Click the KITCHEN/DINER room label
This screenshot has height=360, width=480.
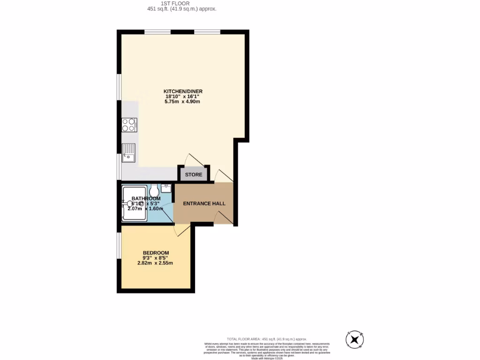pyautogui.click(x=183, y=91)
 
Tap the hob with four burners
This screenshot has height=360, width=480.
pyautogui.click(x=129, y=124)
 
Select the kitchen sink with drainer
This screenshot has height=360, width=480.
pyautogui.click(x=128, y=152)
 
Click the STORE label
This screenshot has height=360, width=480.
pyautogui.click(x=194, y=175)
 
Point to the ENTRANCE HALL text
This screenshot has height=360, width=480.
pyautogui.click(x=204, y=203)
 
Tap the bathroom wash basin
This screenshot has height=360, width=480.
pyautogui.click(x=166, y=187)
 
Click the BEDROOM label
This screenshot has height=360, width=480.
pyautogui.click(x=156, y=253)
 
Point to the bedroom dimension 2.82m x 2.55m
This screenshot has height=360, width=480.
pyautogui.click(x=155, y=263)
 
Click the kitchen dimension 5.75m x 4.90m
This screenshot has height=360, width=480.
pyautogui.click(x=183, y=102)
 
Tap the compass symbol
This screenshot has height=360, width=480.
pyautogui.click(x=355, y=339)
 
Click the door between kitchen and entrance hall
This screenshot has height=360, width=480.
pyautogui.click(x=223, y=176)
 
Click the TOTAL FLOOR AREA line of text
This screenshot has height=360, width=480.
pyautogui.click(x=266, y=339)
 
